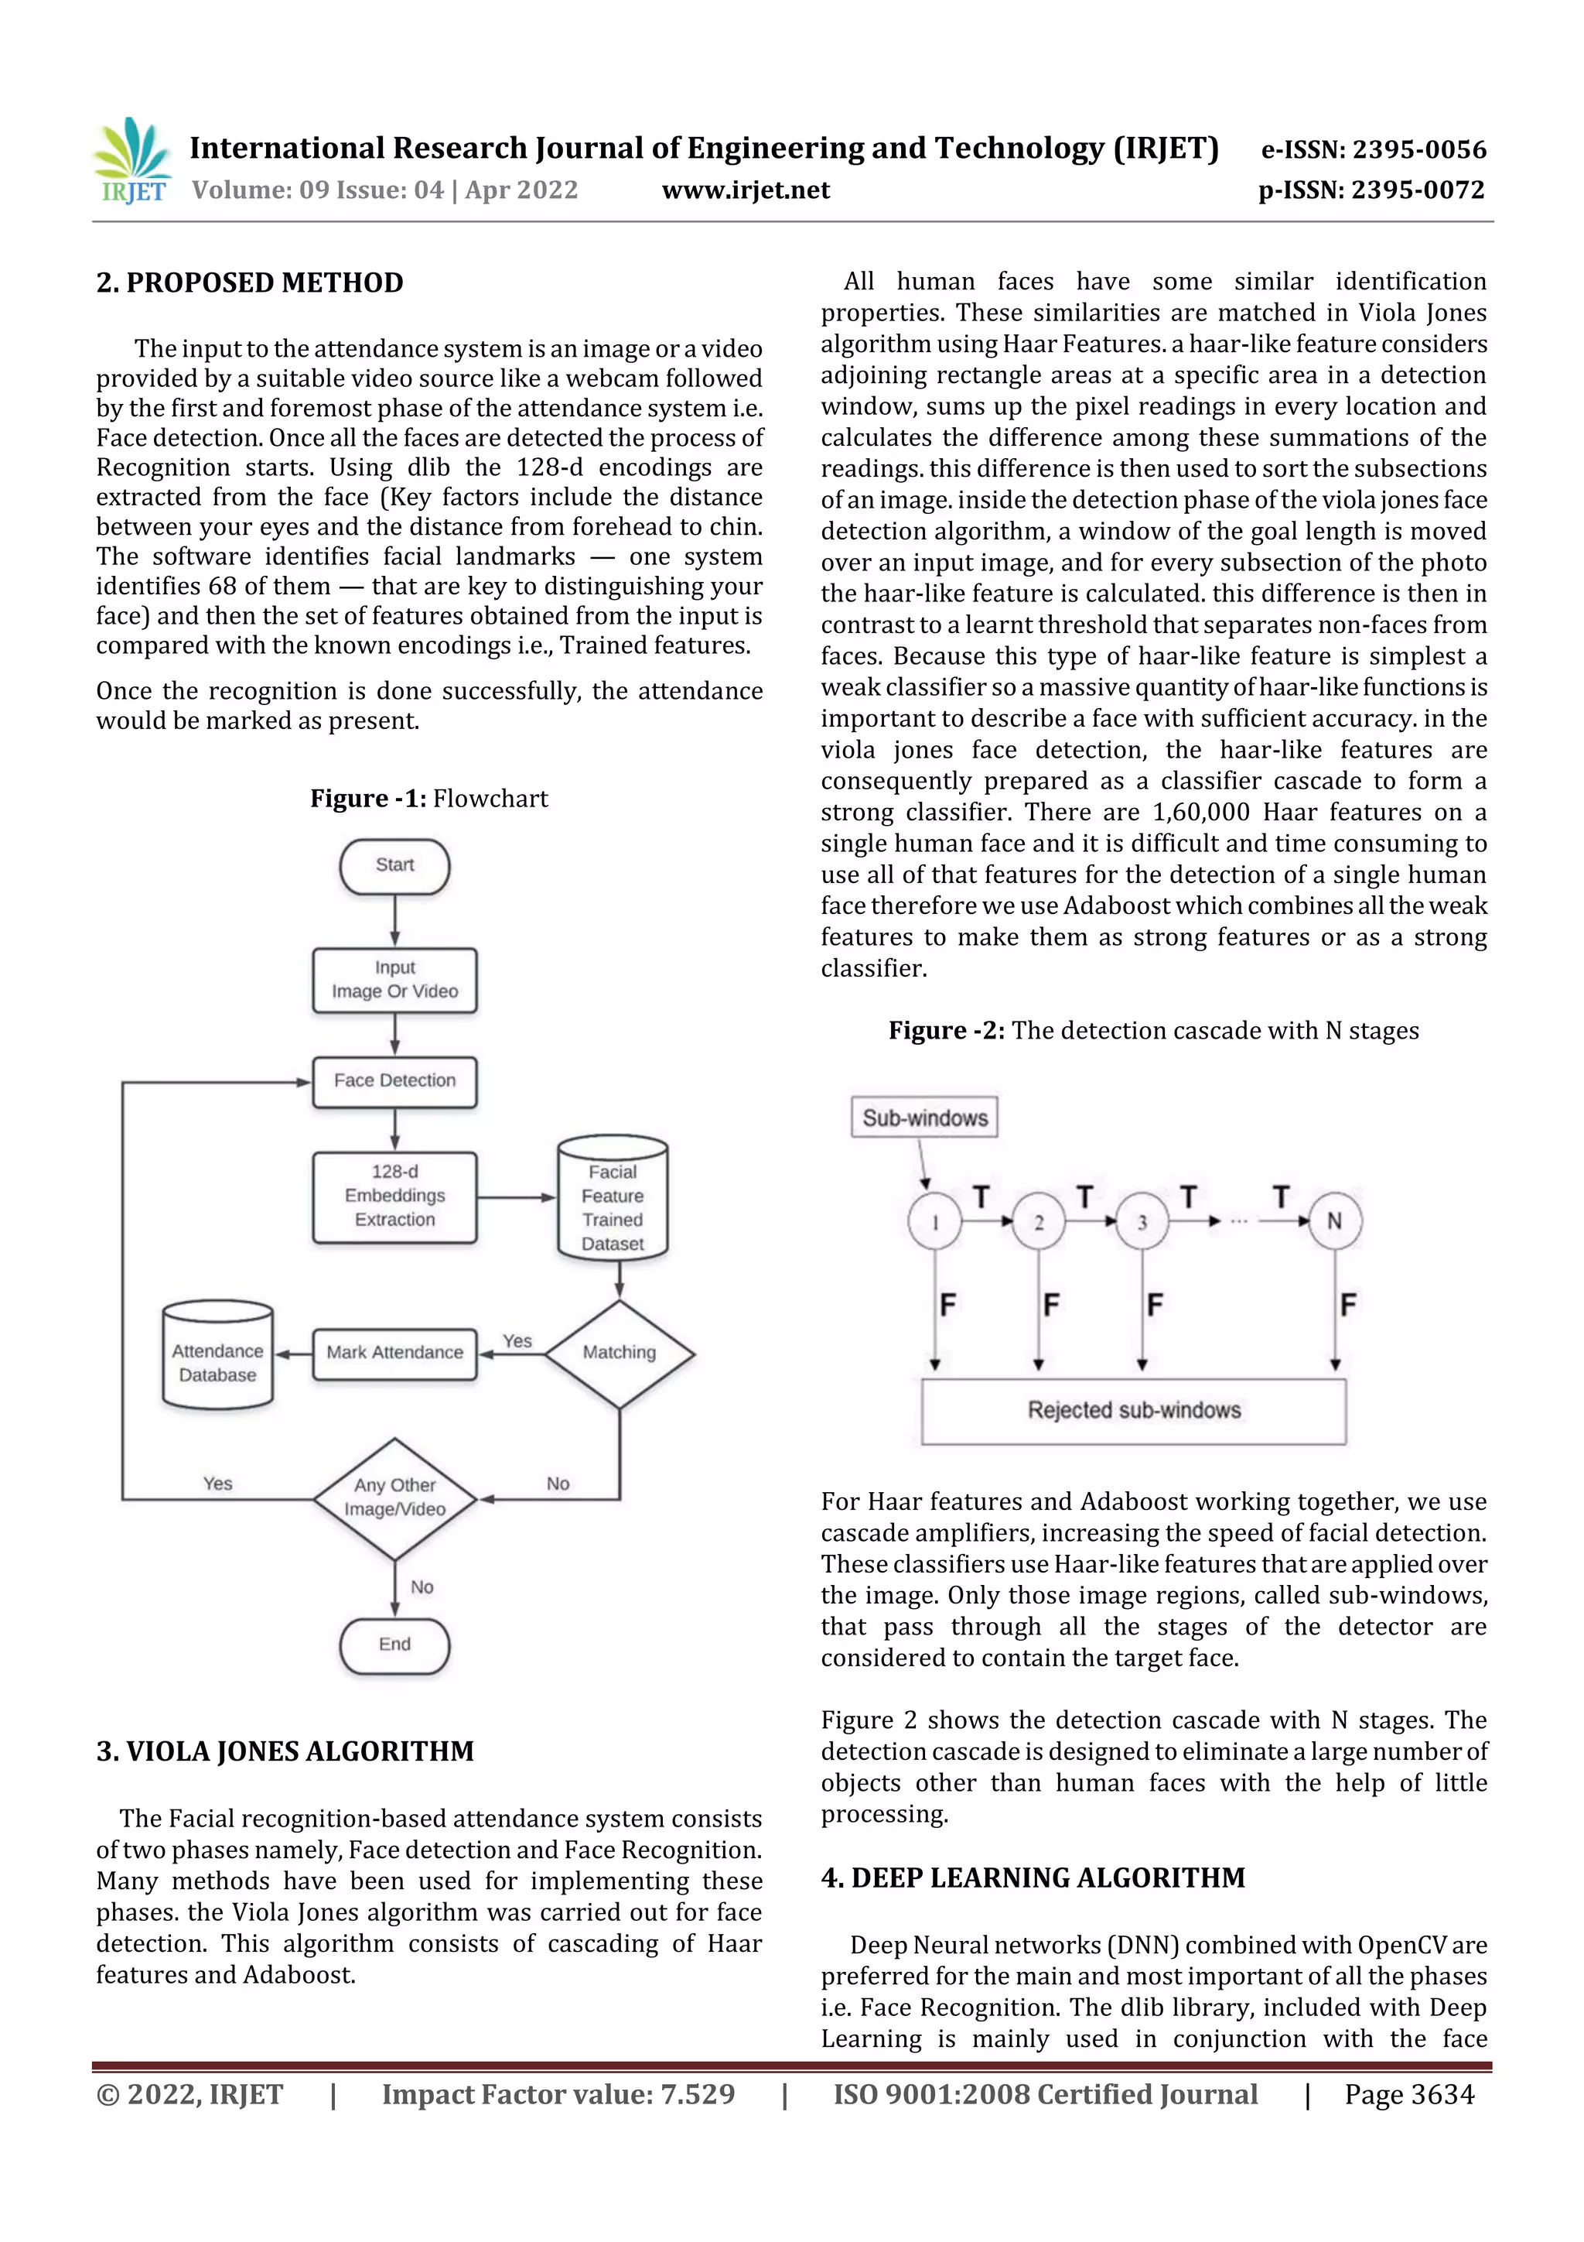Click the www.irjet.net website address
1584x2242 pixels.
[746, 190]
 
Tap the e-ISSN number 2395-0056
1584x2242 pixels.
[1373, 149]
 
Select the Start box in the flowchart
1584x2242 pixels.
[394, 865]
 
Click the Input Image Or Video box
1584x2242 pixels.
[394, 980]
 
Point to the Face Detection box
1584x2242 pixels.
[394, 1081]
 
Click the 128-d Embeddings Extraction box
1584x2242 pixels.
[394, 1196]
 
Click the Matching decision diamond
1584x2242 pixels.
[619, 1353]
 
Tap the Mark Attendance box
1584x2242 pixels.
[394, 1353]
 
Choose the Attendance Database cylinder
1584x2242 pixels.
[217, 1357]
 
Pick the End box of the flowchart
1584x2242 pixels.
[394, 1645]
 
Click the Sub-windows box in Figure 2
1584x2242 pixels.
[924, 1118]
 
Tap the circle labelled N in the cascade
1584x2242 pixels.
[1334, 1220]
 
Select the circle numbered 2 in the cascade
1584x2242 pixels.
[1039, 1221]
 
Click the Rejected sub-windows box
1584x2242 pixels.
[1133, 1411]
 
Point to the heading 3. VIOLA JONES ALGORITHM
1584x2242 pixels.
[285, 1752]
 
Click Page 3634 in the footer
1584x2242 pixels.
[1408, 2094]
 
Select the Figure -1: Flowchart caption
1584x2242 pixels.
[429, 799]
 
